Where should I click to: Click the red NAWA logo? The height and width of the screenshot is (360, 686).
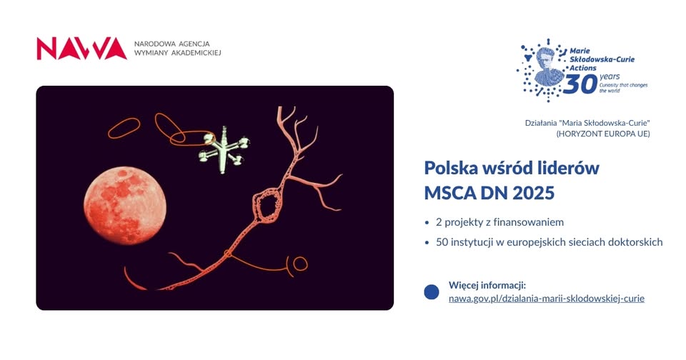coord(81,49)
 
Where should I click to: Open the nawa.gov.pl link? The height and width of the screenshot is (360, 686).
coord(546,298)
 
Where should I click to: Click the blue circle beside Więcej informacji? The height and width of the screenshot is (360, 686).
coord(432,291)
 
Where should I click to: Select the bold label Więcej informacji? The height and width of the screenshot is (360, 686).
coord(487,285)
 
